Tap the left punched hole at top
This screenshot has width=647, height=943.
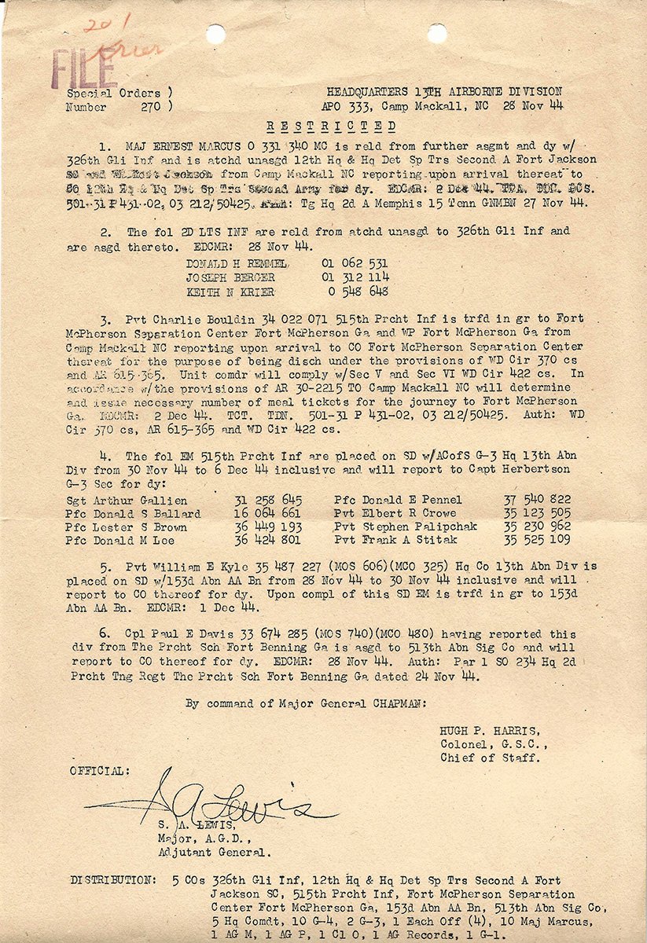pyautogui.click(x=215, y=34)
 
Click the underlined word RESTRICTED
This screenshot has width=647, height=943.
pyautogui.click(x=331, y=126)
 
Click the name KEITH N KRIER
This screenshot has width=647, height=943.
pyautogui.click(x=231, y=291)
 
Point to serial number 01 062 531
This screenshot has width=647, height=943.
pyautogui.click(x=355, y=264)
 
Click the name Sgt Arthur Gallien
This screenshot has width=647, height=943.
pyautogui.click(x=127, y=500)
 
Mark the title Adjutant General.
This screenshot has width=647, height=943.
pyautogui.click(x=215, y=851)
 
